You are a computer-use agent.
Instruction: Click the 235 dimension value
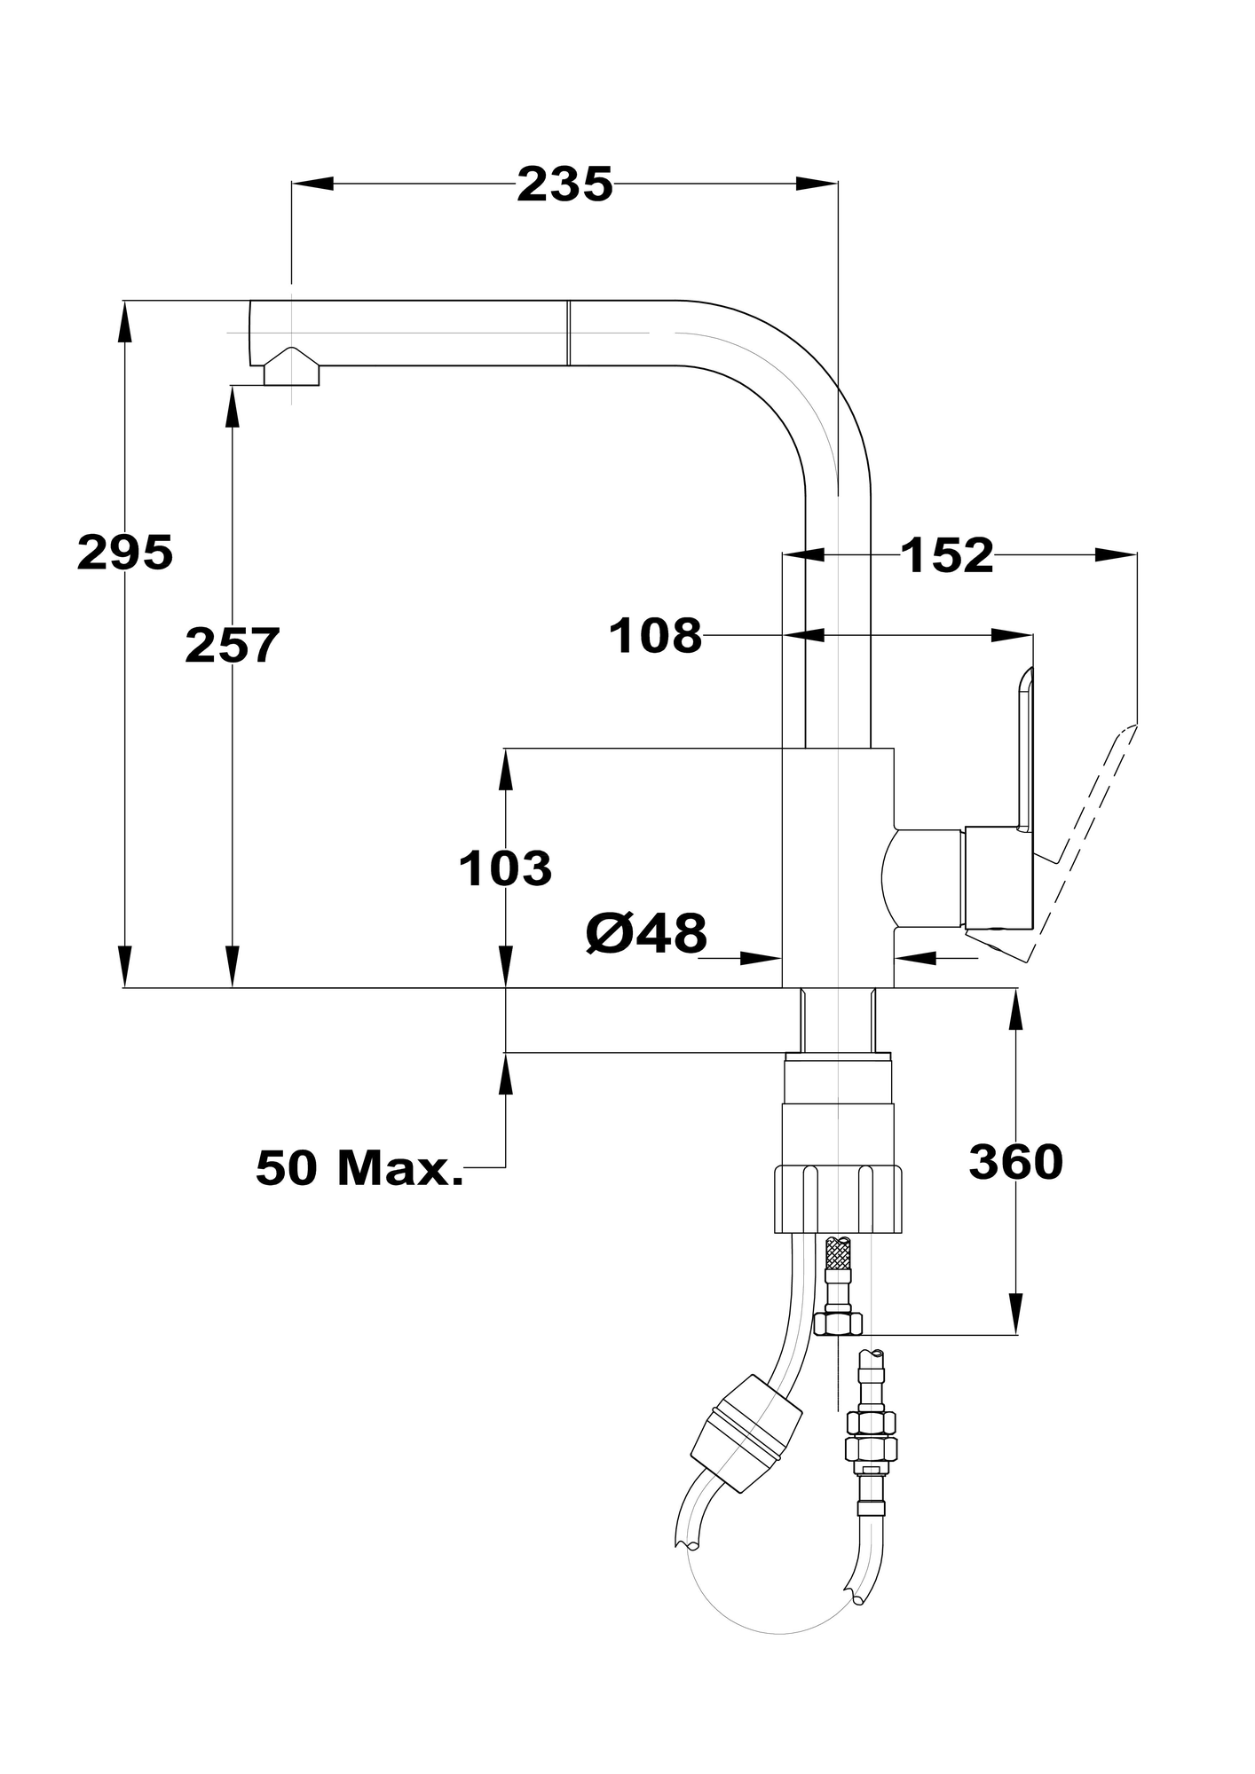(x=565, y=184)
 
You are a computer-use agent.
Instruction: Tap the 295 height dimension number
(x=125, y=553)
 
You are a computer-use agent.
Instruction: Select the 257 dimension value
(x=233, y=645)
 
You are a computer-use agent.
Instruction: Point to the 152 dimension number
(x=947, y=556)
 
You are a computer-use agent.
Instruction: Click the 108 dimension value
(x=655, y=636)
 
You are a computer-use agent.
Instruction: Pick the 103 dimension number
(x=505, y=868)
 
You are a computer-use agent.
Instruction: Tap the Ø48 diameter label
(x=647, y=933)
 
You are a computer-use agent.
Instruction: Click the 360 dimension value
(x=1016, y=1162)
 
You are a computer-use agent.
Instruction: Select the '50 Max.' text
(x=359, y=1167)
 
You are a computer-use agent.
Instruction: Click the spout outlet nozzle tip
(x=291, y=368)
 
